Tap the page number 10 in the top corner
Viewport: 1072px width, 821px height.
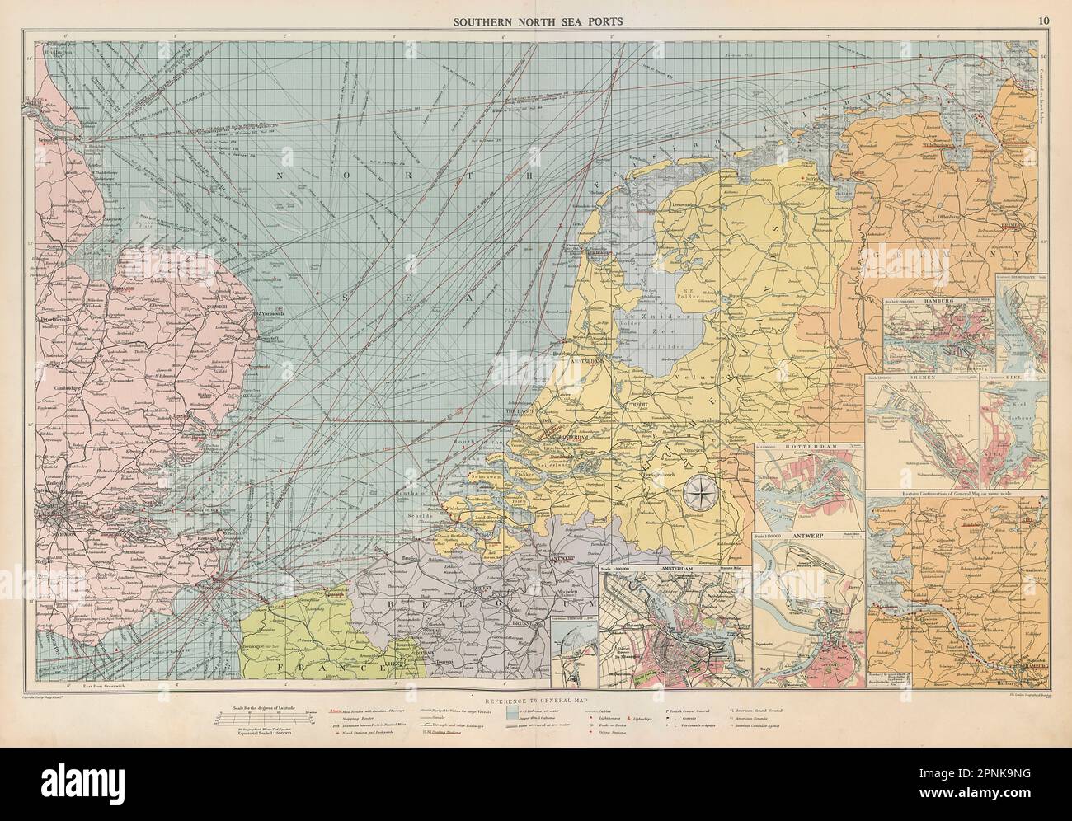[x=1043, y=21]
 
